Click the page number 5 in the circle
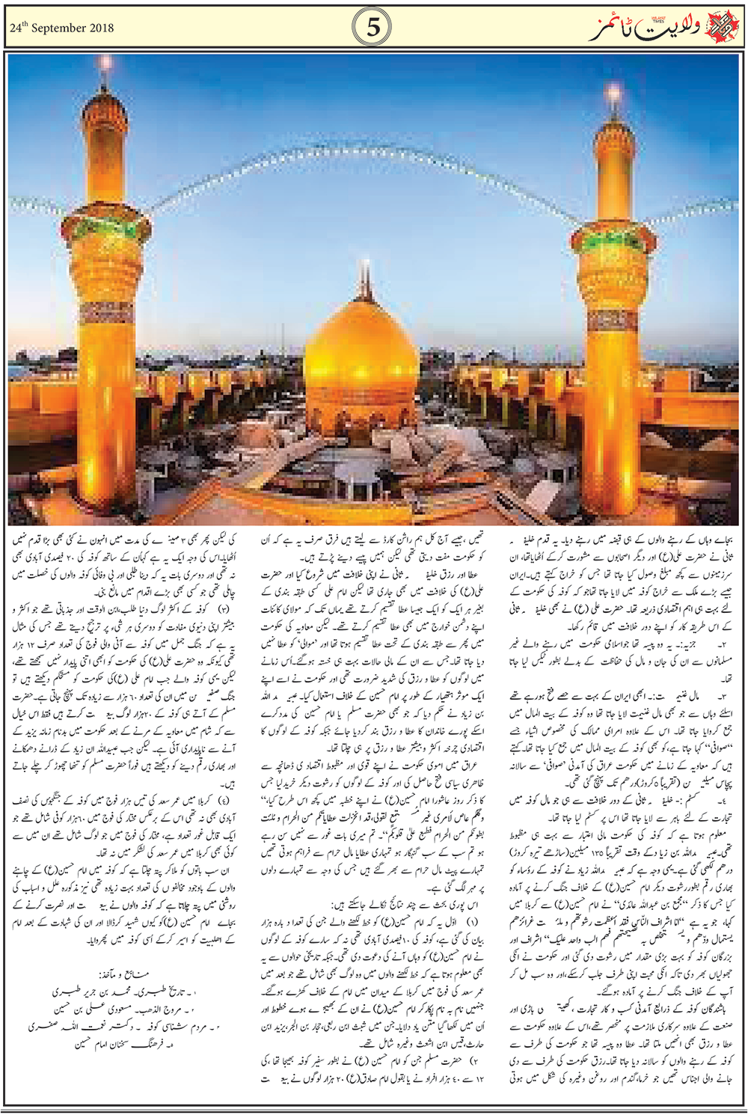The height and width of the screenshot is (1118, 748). click(373, 28)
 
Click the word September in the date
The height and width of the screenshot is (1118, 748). click(67, 28)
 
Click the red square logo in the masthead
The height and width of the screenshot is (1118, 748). click(725, 28)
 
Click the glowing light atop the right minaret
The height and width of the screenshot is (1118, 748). click(614, 96)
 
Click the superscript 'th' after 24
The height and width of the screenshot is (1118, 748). click(24, 24)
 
